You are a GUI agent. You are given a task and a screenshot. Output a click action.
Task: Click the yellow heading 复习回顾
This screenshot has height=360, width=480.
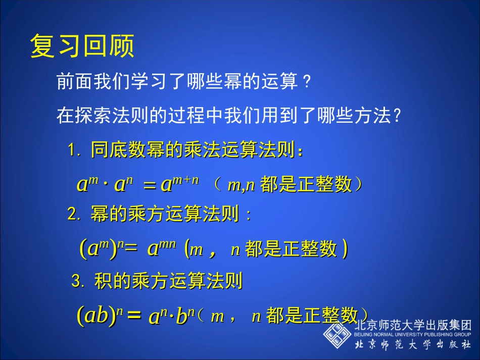click(82, 46)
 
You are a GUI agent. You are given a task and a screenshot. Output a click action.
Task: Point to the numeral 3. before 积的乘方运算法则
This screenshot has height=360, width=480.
click(78, 281)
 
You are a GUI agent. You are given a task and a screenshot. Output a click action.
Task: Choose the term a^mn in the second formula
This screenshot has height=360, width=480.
click(161, 248)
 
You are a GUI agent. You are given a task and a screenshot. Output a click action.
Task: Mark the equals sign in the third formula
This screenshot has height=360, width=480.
click(132, 317)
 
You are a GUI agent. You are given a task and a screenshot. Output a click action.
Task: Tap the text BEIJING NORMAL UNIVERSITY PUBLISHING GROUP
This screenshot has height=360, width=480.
click(412, 334)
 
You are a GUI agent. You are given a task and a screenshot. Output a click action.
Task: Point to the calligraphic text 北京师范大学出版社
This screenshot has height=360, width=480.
click(412, 345)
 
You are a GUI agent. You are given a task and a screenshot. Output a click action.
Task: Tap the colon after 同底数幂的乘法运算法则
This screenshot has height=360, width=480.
click(301, 151)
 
